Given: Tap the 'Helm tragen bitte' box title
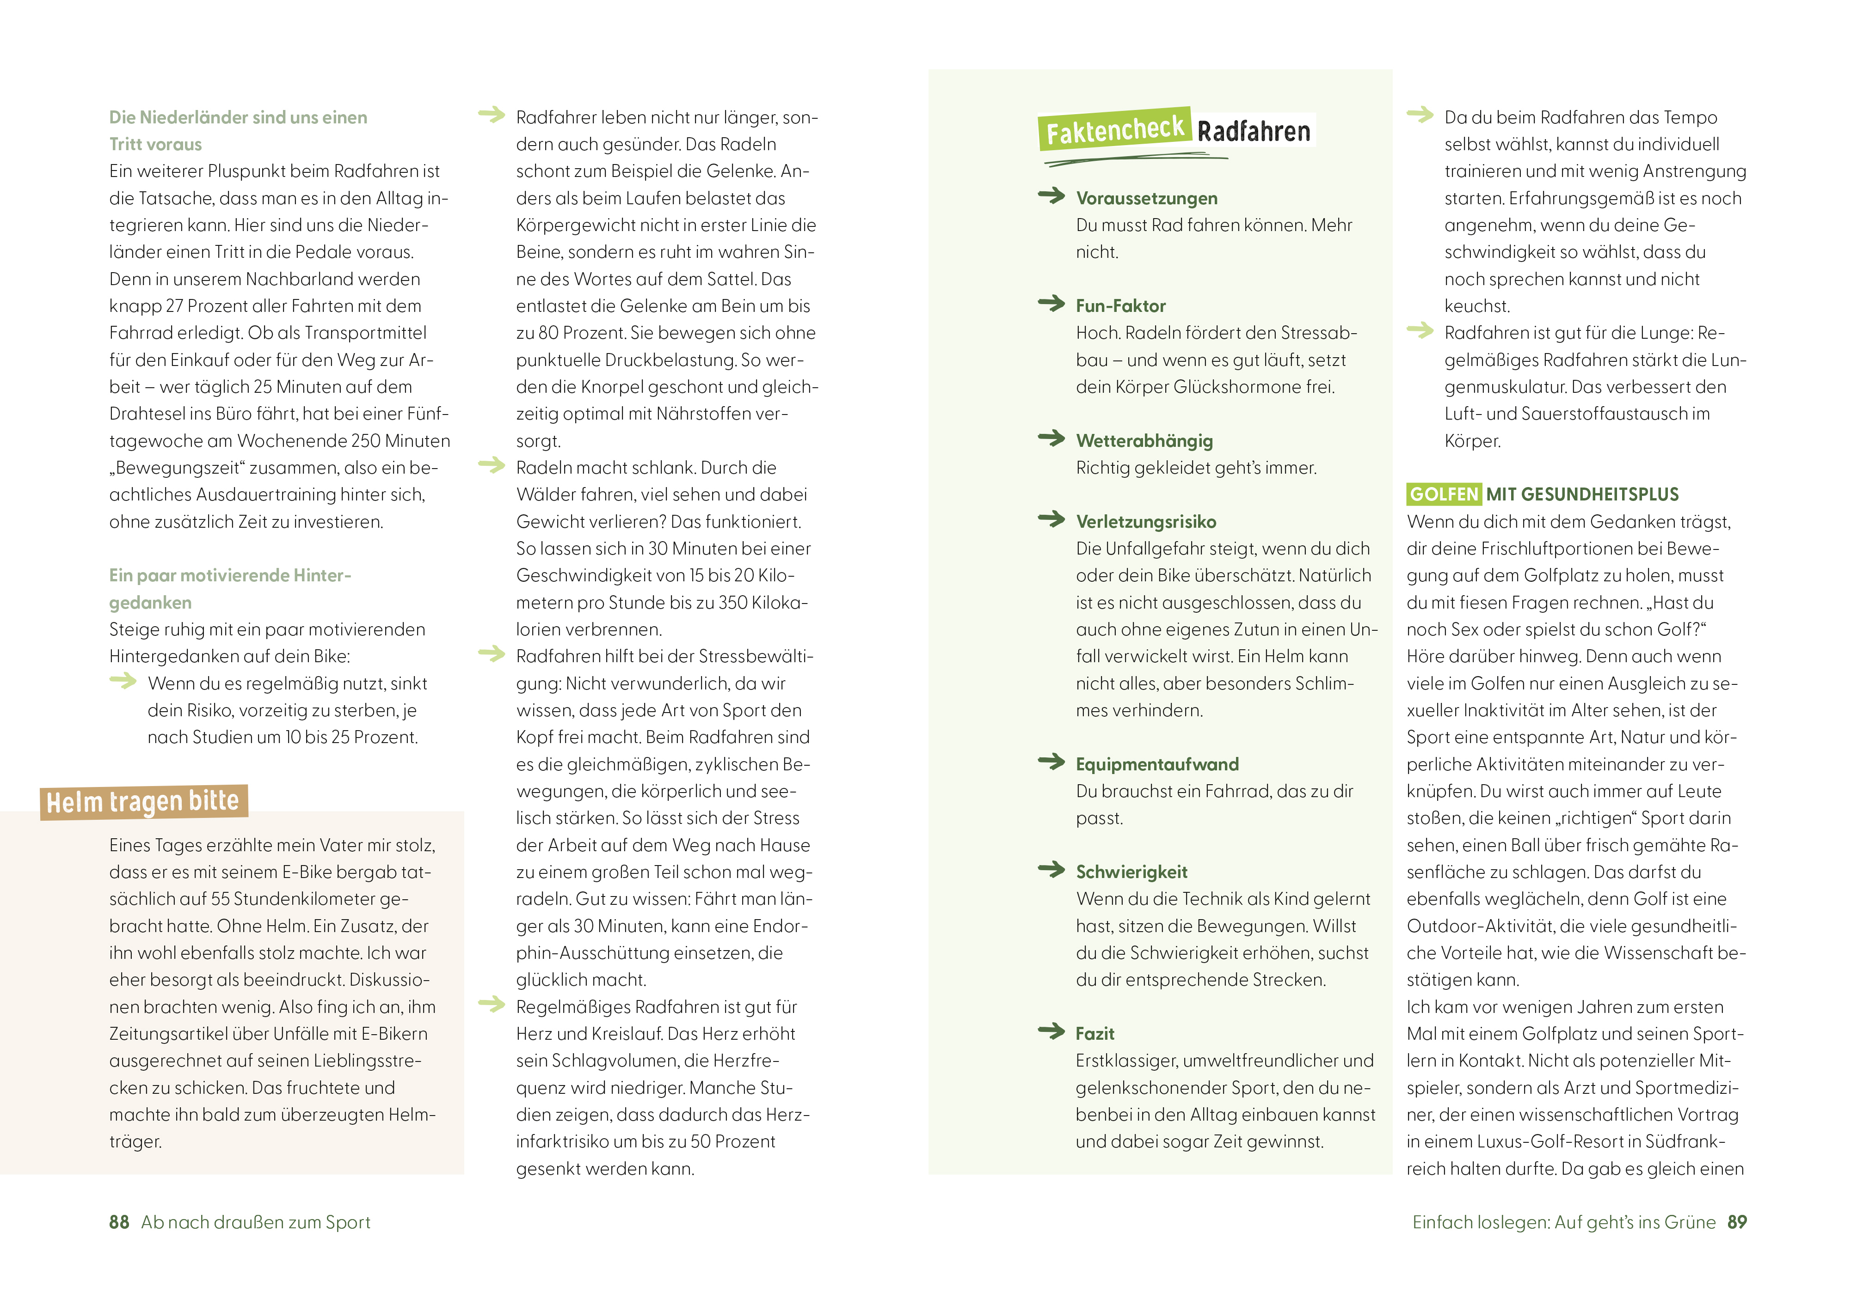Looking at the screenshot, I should coord(143,801).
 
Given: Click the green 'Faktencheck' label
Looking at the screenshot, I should coord(1114,129).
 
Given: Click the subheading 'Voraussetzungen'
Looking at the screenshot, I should coord(1146,198).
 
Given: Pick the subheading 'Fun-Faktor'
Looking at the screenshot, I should coord(1120,305).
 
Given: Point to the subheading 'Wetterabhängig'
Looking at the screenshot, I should coord(1144,440).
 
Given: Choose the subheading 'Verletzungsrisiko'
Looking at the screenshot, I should coord(1145,521).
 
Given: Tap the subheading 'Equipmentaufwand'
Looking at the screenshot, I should coord(1156,764).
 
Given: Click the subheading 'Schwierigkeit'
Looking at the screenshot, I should coord(1131,872).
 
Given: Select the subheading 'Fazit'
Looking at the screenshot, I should coord(1095,1033).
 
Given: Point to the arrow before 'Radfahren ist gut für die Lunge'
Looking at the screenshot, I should coord(1420,330).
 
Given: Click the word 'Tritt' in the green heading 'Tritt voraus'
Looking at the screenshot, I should coord(127,144).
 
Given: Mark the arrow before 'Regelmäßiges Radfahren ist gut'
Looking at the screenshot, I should coord(491,1004).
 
